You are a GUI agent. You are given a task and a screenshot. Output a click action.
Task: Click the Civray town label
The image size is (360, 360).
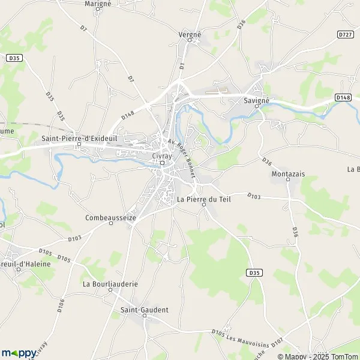point(162,155)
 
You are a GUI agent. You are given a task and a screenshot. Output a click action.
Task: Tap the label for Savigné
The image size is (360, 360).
point(258,101)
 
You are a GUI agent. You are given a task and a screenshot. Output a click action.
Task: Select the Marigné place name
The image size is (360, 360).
point(98,4)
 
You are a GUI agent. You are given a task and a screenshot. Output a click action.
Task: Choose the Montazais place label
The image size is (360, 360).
point(288,173)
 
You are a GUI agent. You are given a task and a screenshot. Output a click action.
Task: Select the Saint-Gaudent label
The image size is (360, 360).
point(145,310)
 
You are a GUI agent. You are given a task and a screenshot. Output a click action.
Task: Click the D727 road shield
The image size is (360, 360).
point(345,35)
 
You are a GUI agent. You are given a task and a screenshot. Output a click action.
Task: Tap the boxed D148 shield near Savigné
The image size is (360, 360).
point(343,97)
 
